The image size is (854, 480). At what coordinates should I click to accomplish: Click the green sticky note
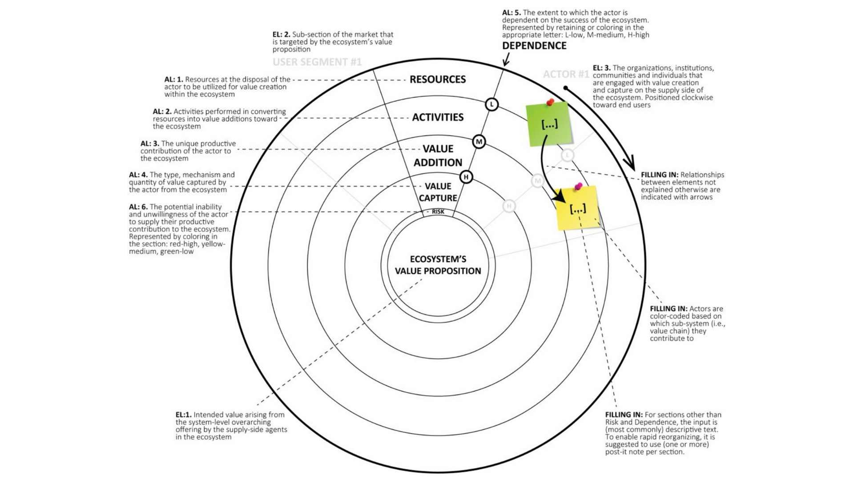548,124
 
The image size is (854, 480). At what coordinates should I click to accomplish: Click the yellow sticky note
578,208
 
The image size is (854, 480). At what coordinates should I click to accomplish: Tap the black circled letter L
491,104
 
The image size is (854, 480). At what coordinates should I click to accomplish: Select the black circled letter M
479,142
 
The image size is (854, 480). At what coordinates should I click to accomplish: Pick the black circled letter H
466,177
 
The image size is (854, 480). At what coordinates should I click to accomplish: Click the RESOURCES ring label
438,80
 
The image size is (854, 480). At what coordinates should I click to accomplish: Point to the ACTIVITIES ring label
438,117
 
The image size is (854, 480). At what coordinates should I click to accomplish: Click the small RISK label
438,212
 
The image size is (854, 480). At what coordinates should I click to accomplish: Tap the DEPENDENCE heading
534,46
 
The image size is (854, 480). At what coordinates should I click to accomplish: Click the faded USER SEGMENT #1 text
317,62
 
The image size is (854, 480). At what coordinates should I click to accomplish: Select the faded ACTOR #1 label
566,74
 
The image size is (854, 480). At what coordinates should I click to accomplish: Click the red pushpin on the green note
551,102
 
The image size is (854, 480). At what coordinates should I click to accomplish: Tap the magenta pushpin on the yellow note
578,186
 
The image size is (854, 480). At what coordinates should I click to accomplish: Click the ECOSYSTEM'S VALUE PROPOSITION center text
438,265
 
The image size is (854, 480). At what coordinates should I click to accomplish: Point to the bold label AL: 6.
138,207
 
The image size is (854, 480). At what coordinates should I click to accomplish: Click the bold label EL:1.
184,415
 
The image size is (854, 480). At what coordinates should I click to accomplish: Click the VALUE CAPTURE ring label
438,192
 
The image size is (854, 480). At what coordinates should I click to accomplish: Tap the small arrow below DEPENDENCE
506,60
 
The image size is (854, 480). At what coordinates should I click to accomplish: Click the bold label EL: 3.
601,68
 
